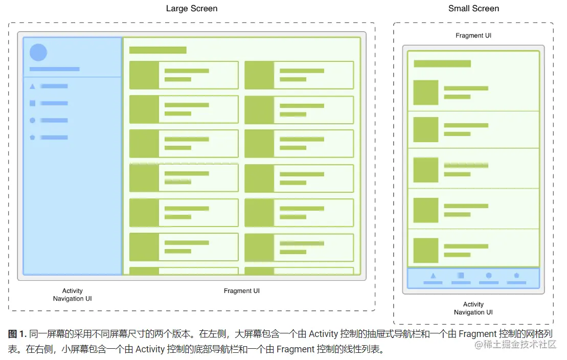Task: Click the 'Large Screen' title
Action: (192, 9)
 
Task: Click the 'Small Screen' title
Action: (473, 9)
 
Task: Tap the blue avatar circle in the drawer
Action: (38, 53)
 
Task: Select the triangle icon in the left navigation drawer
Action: (33, 86)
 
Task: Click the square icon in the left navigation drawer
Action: (33, 103)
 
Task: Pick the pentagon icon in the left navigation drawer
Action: (33, 138)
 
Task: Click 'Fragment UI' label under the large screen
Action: (242, 291)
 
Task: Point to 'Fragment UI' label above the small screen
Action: (473, 36)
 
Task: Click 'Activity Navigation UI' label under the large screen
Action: (73, 295)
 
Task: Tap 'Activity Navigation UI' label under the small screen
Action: (473, 308)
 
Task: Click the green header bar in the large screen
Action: (157, 50)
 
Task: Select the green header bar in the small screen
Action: (442, 64)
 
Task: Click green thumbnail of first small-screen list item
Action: (426, 93)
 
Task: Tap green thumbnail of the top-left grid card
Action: (144, 75)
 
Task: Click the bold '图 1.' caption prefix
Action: (17, 334)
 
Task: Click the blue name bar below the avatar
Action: (55, 69)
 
